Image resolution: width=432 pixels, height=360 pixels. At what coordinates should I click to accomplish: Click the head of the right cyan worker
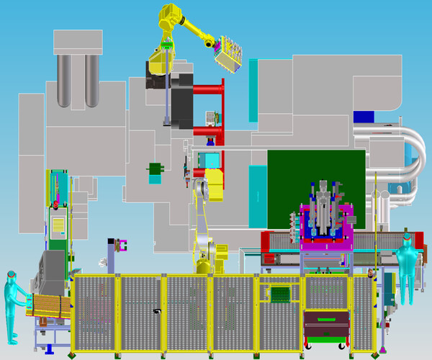407,237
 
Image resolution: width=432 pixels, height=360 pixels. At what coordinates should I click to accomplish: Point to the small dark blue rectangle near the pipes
364,116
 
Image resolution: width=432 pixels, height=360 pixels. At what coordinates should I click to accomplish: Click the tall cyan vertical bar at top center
253,90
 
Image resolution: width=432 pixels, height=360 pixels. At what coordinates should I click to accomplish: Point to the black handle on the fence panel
157,311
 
